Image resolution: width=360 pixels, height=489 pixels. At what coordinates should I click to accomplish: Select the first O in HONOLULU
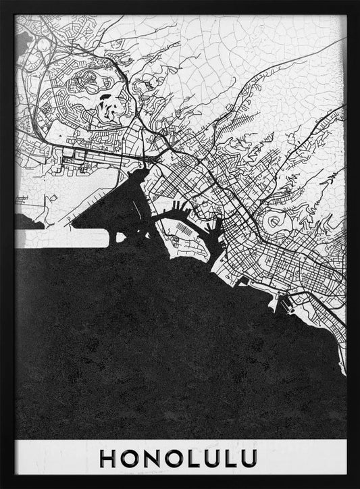(130, 458)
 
